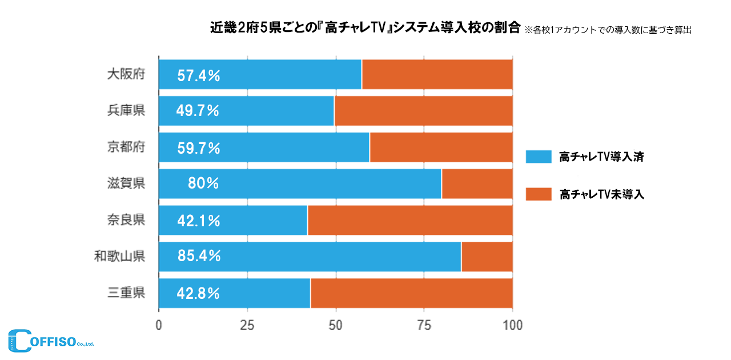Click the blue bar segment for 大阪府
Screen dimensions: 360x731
(x=260, y=74)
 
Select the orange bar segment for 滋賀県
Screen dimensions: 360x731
(x=477, y=183)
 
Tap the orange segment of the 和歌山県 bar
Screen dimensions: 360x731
(x=487, y=257)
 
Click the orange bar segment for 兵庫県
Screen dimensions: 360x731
(x=423, y=110)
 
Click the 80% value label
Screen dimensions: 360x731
(x=203, y=183)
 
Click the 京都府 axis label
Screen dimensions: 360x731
(x=126, y=147)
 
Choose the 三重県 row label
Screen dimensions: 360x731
(x=126, y=293)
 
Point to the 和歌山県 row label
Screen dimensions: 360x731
(x=120, y=257)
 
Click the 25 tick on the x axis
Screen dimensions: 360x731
(x=247, y=325)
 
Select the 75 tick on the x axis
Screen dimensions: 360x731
(x=424, y=325)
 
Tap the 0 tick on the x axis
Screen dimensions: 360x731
(x=159, y=325)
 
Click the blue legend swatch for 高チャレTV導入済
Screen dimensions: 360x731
(x=539, y=157)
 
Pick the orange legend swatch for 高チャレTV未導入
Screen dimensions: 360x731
(x=539, y=194)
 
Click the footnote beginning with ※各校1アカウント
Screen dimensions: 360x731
(x=608, y=30)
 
